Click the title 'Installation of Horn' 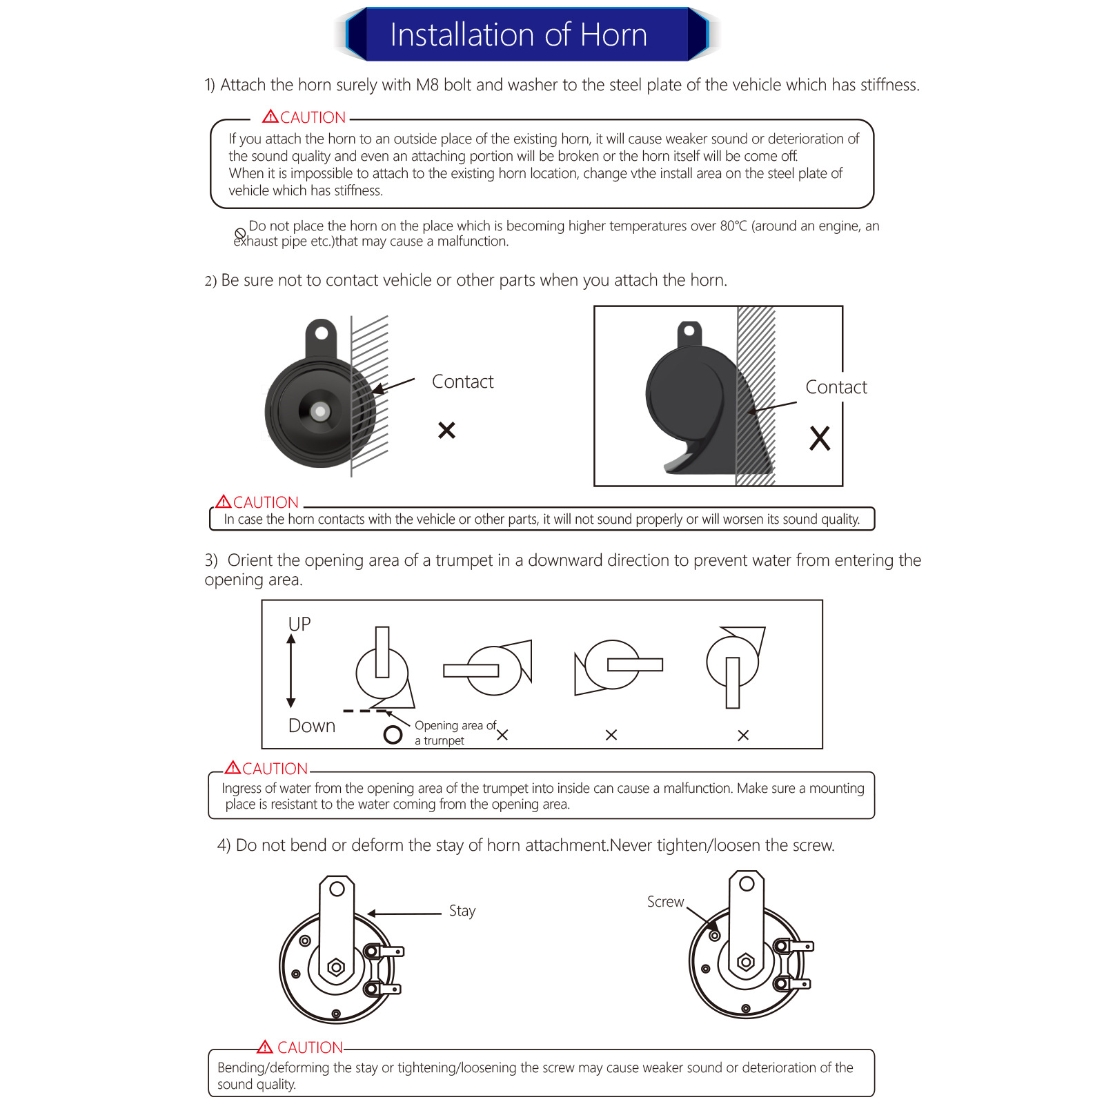tap(518, 34)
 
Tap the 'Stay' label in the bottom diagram tap(462, 911)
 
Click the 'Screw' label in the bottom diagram tap(665, 902)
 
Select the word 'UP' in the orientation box tap(299, 624)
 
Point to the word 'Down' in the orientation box tap(312, 726)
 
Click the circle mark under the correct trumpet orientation tap(393, 735)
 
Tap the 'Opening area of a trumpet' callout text tap(455, 733)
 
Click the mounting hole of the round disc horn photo tap(322, 334)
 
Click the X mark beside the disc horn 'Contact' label tap(447, 431)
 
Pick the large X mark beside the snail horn tap(820, 438)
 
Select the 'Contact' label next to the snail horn tap(836, 387)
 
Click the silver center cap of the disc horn tap(319, 411)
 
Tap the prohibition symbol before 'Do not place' tap(240, 234)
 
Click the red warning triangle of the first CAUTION tap(270, 117)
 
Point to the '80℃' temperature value tap(733, 226)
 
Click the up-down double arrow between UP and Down tap(291, 671)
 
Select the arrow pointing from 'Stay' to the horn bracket tap(404, 914)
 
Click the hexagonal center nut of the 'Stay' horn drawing tap(336, 967)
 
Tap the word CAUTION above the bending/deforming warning tap(310, 1047)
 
